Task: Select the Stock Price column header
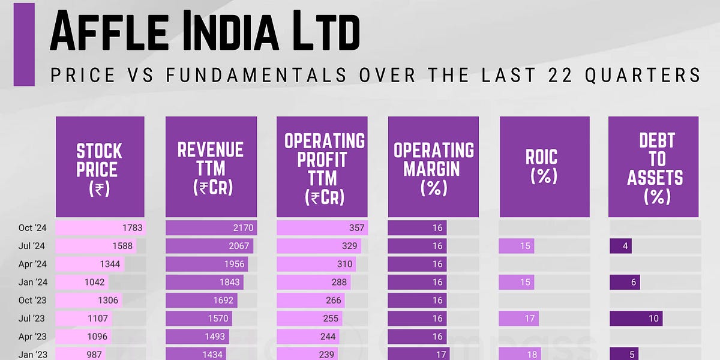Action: point(100,166)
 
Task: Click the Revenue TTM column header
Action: point(211,166)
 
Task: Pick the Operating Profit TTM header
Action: point(324,166)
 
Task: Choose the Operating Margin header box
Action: point(433,166)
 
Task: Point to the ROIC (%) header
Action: point(544,166)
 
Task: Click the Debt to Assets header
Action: point(653,166)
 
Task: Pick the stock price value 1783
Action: point(133,228)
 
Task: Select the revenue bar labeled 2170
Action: point(211,228)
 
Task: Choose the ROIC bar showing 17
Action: point(519,318)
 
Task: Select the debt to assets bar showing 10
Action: point(636,318)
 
